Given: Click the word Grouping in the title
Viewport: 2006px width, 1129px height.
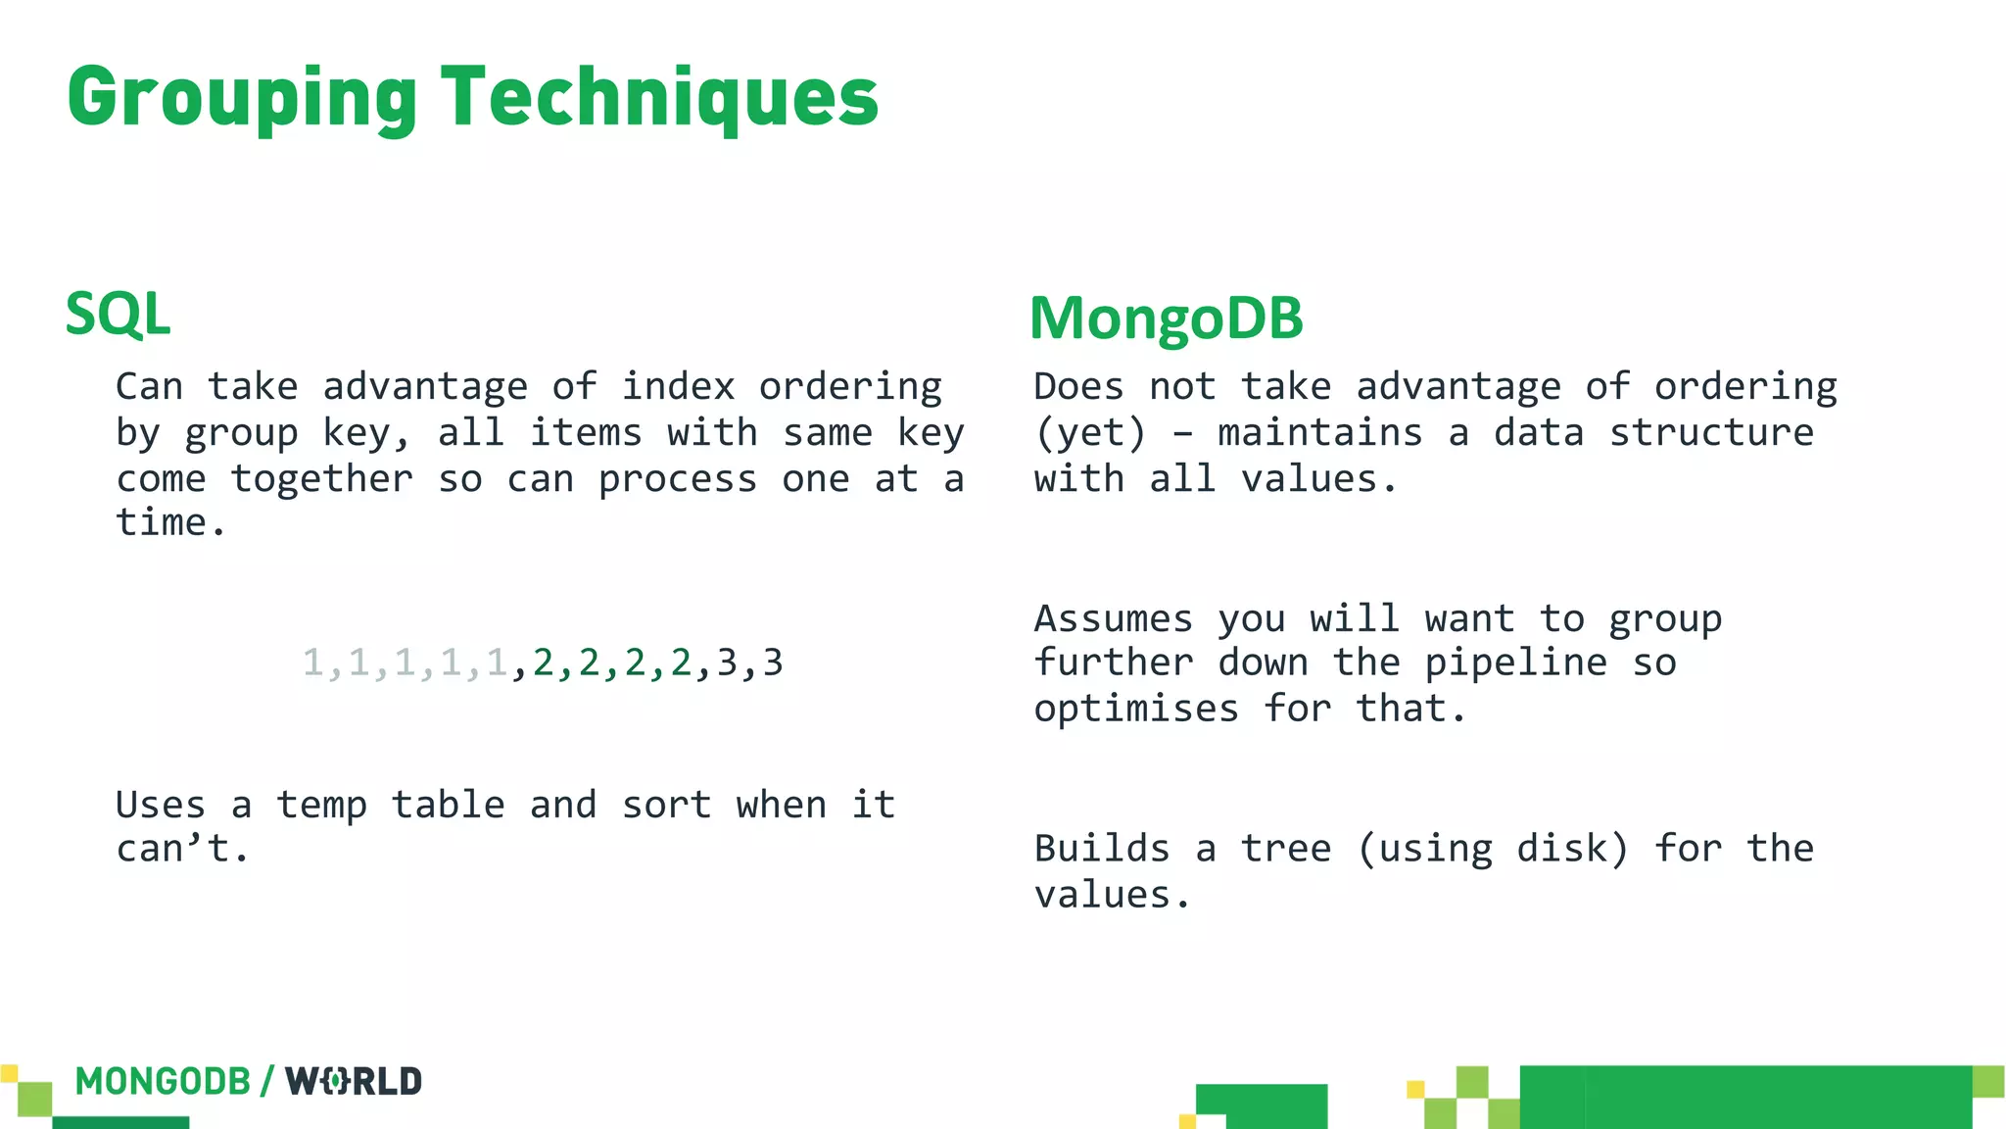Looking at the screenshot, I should (242, 98).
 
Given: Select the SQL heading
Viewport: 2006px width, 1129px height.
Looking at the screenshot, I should (118, 315).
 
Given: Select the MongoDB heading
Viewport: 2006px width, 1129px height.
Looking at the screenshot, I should (1166, 319).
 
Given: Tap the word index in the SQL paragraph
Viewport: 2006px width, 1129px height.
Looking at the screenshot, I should (678, 386).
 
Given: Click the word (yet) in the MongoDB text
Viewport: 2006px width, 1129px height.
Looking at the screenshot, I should (1089, 433).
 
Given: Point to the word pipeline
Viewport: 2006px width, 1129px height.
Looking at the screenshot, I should (1514, 663).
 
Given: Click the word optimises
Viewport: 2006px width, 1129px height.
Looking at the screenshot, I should (1136, 709).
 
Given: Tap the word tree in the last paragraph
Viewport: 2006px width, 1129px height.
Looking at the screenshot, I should (1286, 849).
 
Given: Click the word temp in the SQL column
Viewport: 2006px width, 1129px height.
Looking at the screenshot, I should (321, 806).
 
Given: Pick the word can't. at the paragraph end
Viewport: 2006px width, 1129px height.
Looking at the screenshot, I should (182, 849).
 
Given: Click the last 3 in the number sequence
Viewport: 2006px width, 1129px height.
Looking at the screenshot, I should (773, 663).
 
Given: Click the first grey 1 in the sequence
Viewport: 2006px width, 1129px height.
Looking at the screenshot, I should (312, 663).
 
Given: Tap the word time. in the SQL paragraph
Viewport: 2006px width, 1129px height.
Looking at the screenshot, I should (170, 523).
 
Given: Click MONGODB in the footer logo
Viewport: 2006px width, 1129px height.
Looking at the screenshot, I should (163, 1082).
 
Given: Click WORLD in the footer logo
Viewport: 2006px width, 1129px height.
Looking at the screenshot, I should (354, 1082).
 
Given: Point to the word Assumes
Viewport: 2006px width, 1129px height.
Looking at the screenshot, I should (1114, 619).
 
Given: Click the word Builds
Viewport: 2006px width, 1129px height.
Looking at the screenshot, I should (1102, 849).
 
